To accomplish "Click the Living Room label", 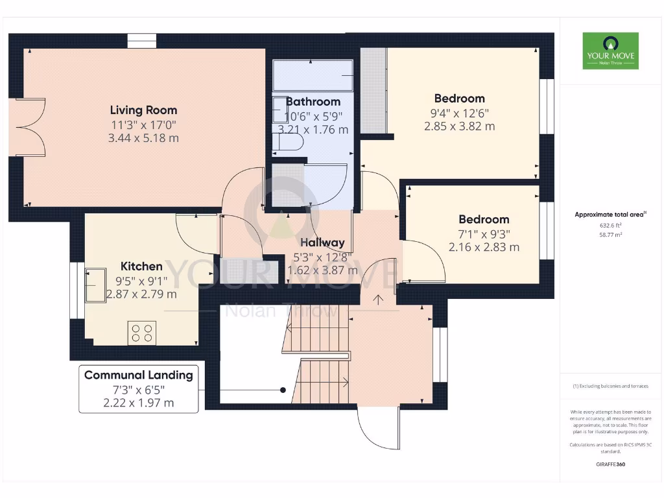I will (x=143, y=110).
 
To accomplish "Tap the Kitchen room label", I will (x=141, y=267).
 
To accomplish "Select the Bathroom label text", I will (x=313, y=102).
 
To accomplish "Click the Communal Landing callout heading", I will (x=138, y=375).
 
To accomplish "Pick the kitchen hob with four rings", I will (x=142, y=333).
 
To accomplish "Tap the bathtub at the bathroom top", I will (x=313, y=76).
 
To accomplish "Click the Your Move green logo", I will (x=610, y=51).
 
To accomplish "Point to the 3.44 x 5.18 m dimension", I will (x=143, y=138).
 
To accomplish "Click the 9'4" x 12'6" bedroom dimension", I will (x=459, y=113).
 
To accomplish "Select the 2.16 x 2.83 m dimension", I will (x=484, y=247).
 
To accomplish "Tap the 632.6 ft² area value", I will (x=613, y=226).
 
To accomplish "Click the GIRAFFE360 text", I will (x=610, y=464).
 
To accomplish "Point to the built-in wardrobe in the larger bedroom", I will (x=373, y=90).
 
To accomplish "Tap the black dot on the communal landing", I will (x=283, y=390).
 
